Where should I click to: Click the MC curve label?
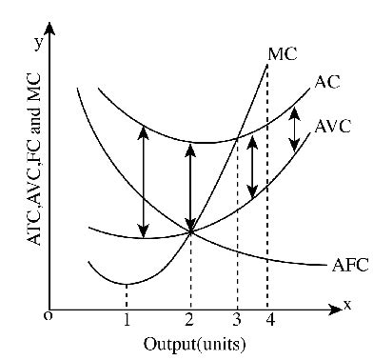[283, 53]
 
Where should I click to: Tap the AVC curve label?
[333, 128]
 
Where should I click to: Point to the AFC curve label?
[348, 266]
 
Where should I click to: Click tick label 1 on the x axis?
[126, 319]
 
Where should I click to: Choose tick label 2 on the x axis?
[191, 319]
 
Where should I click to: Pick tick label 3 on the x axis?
[237, 319]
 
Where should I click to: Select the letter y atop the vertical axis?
[38, 42]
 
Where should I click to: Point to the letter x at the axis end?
[347, 305]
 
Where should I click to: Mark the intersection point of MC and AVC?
[191, 231]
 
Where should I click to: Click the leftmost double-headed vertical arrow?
[143, 182]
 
